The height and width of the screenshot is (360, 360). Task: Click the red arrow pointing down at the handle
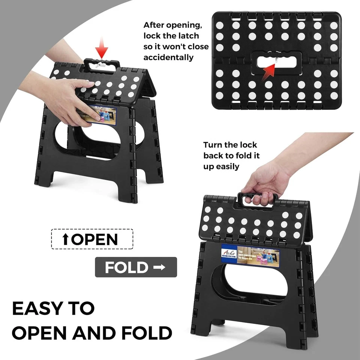point(101,48)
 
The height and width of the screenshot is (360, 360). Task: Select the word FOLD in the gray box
point(126,268)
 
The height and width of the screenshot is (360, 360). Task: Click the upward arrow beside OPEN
point(66,239)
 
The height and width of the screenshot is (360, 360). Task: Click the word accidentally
point(168,57)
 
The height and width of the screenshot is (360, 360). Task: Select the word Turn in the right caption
point(214,145)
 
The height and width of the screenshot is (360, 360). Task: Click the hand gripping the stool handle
point(262,184)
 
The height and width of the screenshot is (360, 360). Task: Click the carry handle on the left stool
point(101,64)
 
